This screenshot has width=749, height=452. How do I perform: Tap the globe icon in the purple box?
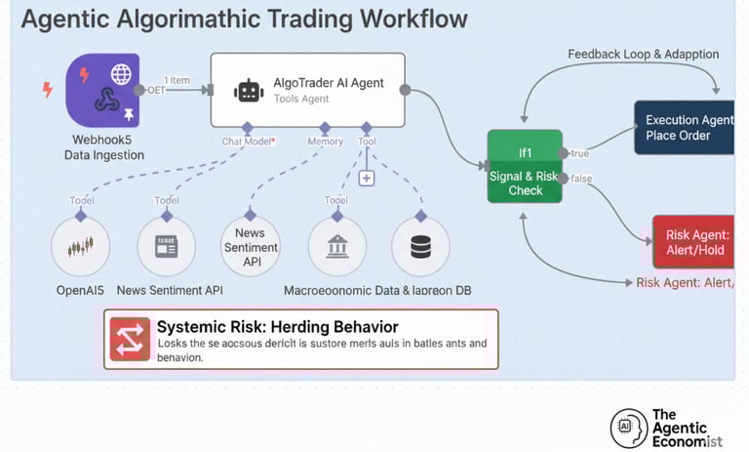pyautogui.click(x=121, y=73)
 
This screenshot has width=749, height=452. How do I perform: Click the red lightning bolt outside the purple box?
pyautogui.click(x=47, y=90)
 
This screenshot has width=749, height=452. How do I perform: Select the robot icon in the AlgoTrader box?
pyautogui.click(x=249, y=91)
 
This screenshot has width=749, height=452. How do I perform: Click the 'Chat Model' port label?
pyautogui.click(x=248, y=142)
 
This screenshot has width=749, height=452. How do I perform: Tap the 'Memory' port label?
pyautogui.click(x=326, y=142)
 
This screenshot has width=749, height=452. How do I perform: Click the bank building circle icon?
pyautogui.click(x=336, y=246)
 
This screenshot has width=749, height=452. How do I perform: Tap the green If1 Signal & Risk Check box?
pyautogui.click(x=525, y=166)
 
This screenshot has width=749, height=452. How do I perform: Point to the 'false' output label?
pyautogui.click(x=582, y=179)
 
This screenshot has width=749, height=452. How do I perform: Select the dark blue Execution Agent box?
pyautogui.click(x=685, y=128)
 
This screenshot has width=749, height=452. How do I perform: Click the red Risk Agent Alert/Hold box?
pyautogui.click(x=693, y=242)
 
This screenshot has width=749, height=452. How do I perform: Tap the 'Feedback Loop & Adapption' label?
pyautogui.click(x=644, y=55)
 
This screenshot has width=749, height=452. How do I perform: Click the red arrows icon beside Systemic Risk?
pyautogui.click(x=130, y=339)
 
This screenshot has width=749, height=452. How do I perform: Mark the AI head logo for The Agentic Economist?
pyautogui.click(x=629, y=428)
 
